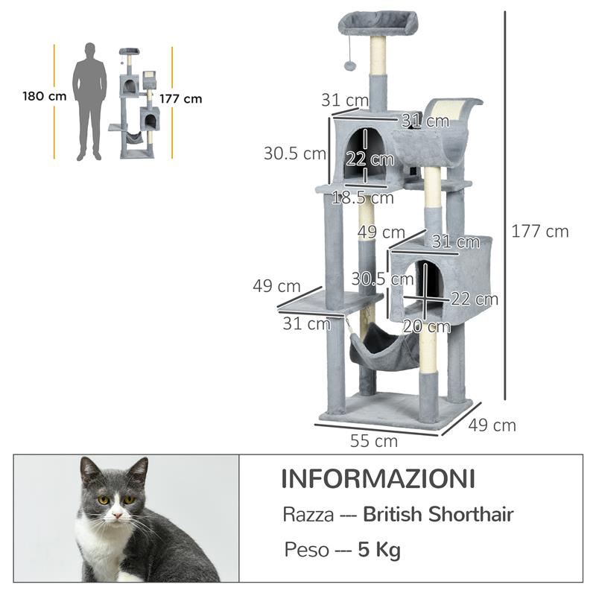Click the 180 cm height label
click(44, 96)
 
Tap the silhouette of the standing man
click(89, 101)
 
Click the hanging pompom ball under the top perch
click(349, 66)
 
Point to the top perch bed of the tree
click(378, 22)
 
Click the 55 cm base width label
click(374, 441)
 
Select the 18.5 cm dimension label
click(363, 197)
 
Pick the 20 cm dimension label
click(426, 326)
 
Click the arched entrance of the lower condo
click(428, 286)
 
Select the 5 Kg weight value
click(379, 551)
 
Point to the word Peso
click(305, 551)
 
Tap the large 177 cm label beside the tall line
click(540, 231)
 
